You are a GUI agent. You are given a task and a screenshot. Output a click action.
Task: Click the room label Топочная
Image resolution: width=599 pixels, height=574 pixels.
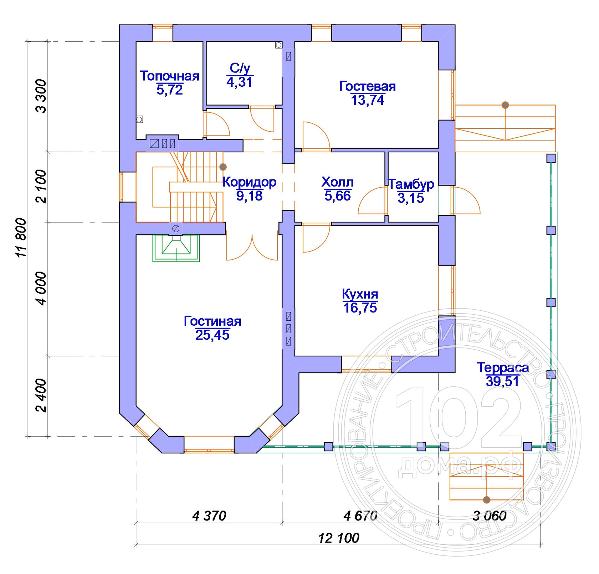(x=169, y=76)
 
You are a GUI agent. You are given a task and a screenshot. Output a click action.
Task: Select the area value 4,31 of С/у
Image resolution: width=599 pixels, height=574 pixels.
(x=240, y=82)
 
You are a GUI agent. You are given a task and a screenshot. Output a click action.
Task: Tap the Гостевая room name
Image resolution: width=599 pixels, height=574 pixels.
(x=367, y=86)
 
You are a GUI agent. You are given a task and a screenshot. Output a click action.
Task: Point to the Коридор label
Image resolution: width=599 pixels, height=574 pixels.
(x=249, y=182)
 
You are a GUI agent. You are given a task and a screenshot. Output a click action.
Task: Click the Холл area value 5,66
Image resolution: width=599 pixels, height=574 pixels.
(x=337, y=196)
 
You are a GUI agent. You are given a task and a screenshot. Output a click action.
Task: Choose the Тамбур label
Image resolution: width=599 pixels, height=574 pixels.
(x=411, y=184)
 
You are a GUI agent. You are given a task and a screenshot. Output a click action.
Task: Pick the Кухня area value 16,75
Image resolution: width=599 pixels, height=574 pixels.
(x=360, y=308)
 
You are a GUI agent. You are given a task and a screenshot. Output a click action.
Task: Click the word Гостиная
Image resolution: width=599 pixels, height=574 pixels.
(x=212, y=321)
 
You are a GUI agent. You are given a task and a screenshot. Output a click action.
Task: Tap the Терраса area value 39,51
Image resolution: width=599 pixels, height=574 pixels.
(x=502, y=381)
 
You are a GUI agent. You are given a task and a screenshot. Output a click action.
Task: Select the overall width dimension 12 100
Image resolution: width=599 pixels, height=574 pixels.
(x=338, y=538)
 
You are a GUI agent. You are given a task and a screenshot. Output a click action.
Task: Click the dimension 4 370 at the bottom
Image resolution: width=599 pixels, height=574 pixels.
(x=209, y=516)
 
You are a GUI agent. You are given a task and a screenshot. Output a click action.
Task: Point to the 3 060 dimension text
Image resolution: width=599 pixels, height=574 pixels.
(x=489, y=516)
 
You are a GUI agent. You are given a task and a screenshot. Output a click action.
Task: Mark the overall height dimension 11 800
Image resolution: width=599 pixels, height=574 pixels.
(x=21, y=238)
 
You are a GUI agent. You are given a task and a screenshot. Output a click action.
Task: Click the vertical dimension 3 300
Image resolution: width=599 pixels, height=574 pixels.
(x=41, y=96)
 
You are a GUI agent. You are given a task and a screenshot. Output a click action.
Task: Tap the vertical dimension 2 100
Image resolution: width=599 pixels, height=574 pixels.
(x=41, y=186)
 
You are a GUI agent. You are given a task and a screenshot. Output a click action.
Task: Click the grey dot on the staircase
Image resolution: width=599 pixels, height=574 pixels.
(x=223, y=167)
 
